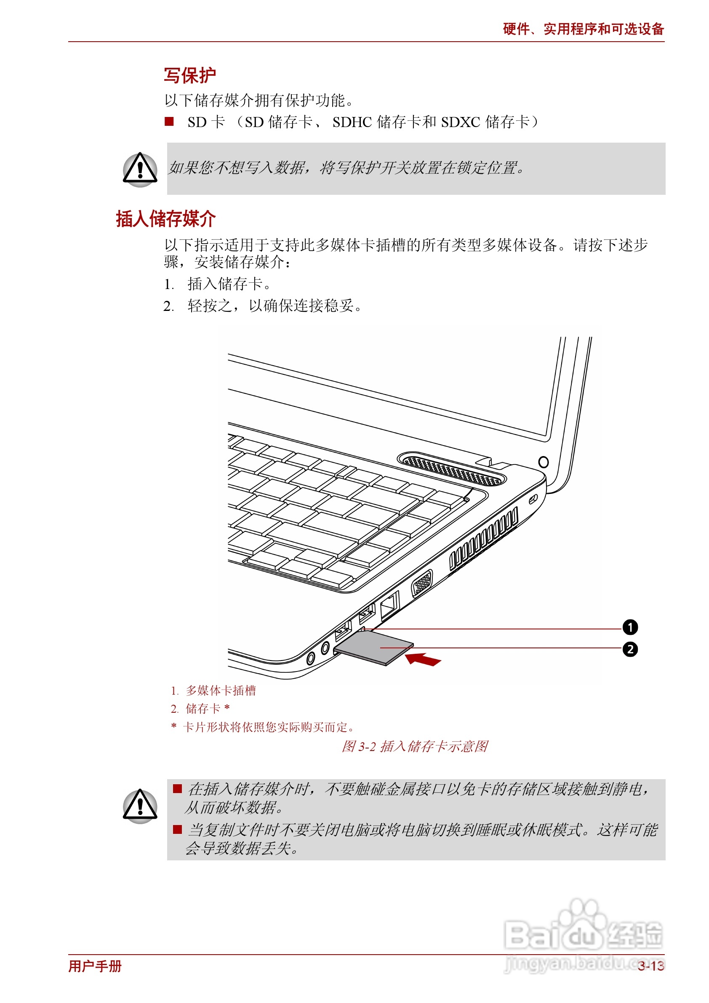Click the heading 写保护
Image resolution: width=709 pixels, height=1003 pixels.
click(190, 75)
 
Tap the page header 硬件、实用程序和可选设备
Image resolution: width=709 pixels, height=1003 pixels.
click(583, 29)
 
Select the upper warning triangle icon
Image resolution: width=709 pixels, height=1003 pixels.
click(140, 169)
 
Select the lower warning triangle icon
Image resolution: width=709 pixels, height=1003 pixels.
click(140, 806)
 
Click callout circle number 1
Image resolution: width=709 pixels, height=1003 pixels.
click(630, 628)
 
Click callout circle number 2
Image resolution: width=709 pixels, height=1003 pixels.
click(630, 650)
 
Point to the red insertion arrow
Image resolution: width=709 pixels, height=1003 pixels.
click(423, 659)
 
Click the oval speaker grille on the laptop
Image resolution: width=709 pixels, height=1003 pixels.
click(451, 469)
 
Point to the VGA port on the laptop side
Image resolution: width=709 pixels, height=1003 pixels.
click(422, 584)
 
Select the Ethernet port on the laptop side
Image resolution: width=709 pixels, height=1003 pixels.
click(389, 605)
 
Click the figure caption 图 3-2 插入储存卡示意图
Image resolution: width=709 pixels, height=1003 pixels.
click(414, 746)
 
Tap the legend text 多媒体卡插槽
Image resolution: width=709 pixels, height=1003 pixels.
click(221, 691)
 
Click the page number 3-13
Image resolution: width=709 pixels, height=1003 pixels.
click(650, 966)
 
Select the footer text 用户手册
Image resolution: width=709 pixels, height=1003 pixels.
click(95, 966)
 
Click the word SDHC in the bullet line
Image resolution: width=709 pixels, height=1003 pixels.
click(352, 122)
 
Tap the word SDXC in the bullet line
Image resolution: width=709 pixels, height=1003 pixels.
click(460, 122)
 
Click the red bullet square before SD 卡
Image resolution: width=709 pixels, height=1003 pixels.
click(169, 122)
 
